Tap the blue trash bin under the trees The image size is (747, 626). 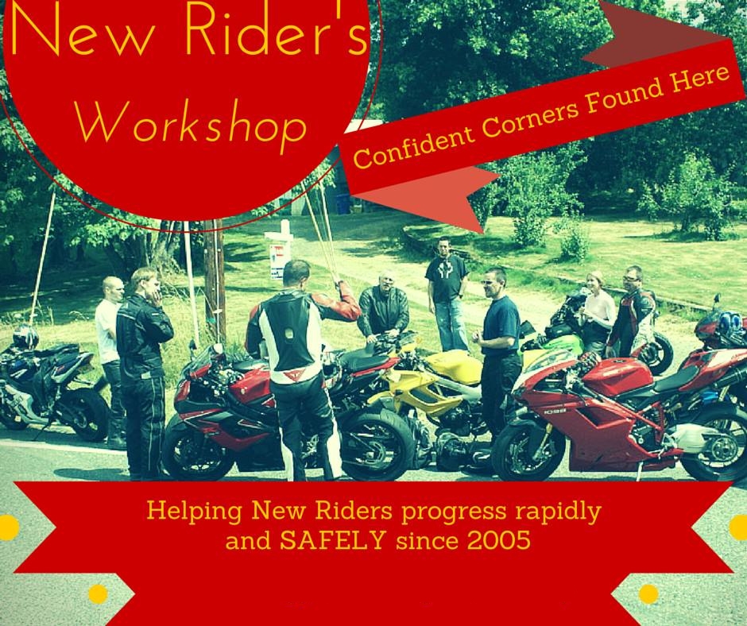tap(343, 203)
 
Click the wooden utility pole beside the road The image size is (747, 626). tap(215, 281)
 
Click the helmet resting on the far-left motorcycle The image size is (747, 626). tap(25, 336)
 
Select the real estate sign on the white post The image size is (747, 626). tap(279, 261)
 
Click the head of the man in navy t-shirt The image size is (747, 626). tap(494, 282)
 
